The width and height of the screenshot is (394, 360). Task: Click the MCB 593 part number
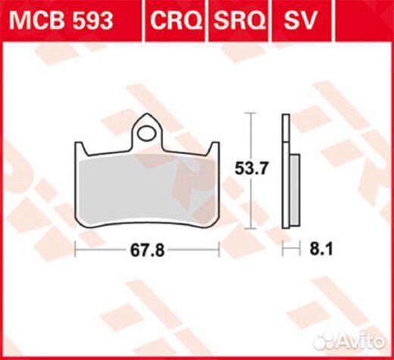click(61, 20)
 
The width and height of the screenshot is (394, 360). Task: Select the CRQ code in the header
click(176, 20)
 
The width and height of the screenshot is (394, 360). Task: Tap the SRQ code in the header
click(239, 20)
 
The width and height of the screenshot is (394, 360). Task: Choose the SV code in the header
click(300, 20)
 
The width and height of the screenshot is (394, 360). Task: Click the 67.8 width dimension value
click(147, 250)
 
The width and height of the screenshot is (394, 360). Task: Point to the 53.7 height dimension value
click(251, 168)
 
